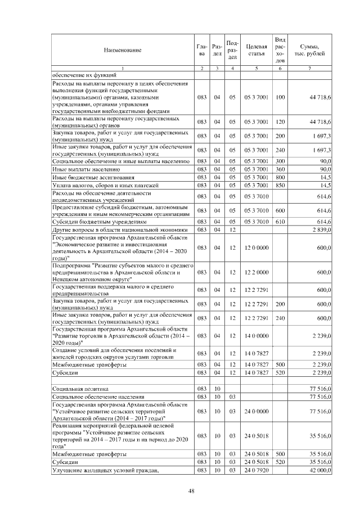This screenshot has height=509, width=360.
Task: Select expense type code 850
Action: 280,185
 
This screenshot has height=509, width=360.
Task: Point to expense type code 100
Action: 280,98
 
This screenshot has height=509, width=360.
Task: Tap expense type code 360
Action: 280,169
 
